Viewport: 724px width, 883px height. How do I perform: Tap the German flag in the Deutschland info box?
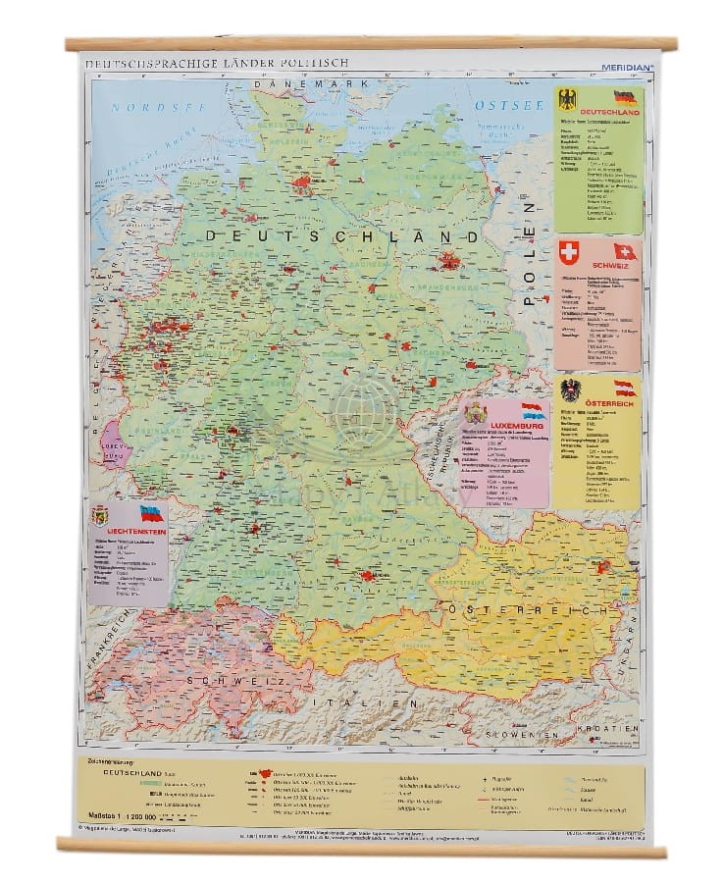tap(625, 98)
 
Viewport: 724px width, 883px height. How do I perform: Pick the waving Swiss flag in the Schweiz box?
tap(625, 252)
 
